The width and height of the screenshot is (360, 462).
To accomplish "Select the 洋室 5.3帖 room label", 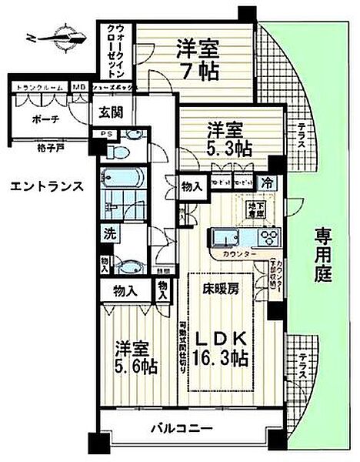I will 223,136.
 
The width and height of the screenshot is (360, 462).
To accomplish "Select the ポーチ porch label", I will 37,120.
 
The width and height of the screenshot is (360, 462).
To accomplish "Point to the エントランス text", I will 43,185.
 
